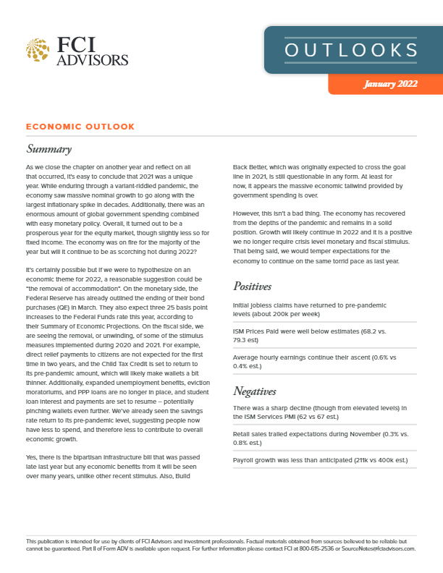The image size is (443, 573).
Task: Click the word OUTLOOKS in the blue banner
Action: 351,50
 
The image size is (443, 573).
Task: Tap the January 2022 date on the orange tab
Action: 391,84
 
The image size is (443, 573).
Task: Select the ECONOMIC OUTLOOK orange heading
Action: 80,127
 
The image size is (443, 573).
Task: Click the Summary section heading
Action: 48,150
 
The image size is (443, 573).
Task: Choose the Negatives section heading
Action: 258,391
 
